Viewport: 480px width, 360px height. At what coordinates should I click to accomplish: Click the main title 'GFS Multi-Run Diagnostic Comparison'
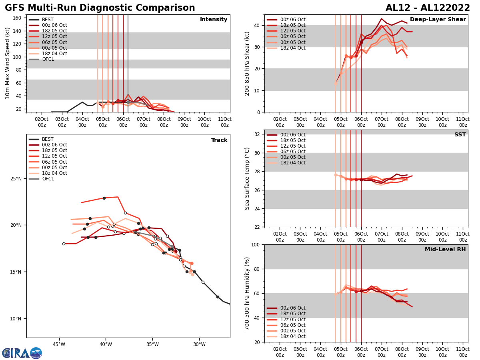coord(100,8)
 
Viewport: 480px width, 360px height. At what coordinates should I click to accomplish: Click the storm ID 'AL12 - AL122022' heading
coord(428,8)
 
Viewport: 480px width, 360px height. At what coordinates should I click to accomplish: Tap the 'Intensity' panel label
coord(213,20)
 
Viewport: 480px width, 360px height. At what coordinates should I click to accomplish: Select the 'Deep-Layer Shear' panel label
coord(438,20)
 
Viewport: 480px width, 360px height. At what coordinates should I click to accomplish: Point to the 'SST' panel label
coord(460,135)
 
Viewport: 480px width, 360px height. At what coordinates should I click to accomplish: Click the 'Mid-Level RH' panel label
coord(445,250)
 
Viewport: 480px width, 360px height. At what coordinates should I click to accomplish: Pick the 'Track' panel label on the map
coord(219,140)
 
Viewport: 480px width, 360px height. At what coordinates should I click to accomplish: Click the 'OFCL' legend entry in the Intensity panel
coord(48,59)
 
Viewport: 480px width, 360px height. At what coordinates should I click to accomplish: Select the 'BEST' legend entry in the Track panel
coord(48,139)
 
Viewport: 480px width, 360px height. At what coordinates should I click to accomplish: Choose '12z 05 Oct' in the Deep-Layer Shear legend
coord(293,31)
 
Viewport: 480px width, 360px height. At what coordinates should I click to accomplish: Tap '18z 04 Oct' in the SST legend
coord(293,163)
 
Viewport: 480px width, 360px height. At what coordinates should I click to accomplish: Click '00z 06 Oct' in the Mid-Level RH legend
coord(293,308)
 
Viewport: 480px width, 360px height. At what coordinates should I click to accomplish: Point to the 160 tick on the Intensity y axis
coord(18,18)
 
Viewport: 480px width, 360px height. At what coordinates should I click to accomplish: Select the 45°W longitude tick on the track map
coord(59,344)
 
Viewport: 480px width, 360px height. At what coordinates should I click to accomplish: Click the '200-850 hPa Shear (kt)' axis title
coord(248,63)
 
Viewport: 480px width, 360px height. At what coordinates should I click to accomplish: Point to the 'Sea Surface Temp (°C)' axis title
coord(248,178)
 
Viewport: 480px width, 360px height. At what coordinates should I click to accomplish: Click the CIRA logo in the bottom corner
coord(22,353)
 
